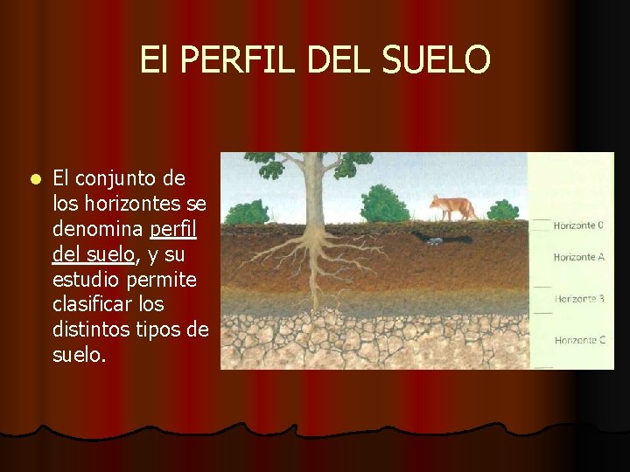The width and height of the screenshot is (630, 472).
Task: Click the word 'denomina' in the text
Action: pyautogui.click(x=99, y=229)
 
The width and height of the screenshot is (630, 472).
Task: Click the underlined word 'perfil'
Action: pyautogui.click(x=173, y=229)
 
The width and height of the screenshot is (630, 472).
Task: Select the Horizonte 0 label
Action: pyautogui.click(x=578, y=226)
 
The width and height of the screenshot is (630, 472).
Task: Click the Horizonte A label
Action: pyautogui.click(x=578, y=257)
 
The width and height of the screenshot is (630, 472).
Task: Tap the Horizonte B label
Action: pyautogui.click(x=578, y=299)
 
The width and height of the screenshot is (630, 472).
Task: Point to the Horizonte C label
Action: pyautogui.click(x=578, y=340)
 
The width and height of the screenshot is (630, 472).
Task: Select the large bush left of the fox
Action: pyautogui.click(x=384, y=204)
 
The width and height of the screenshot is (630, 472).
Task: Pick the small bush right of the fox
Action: pyautogui.click(x=502, y=210)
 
